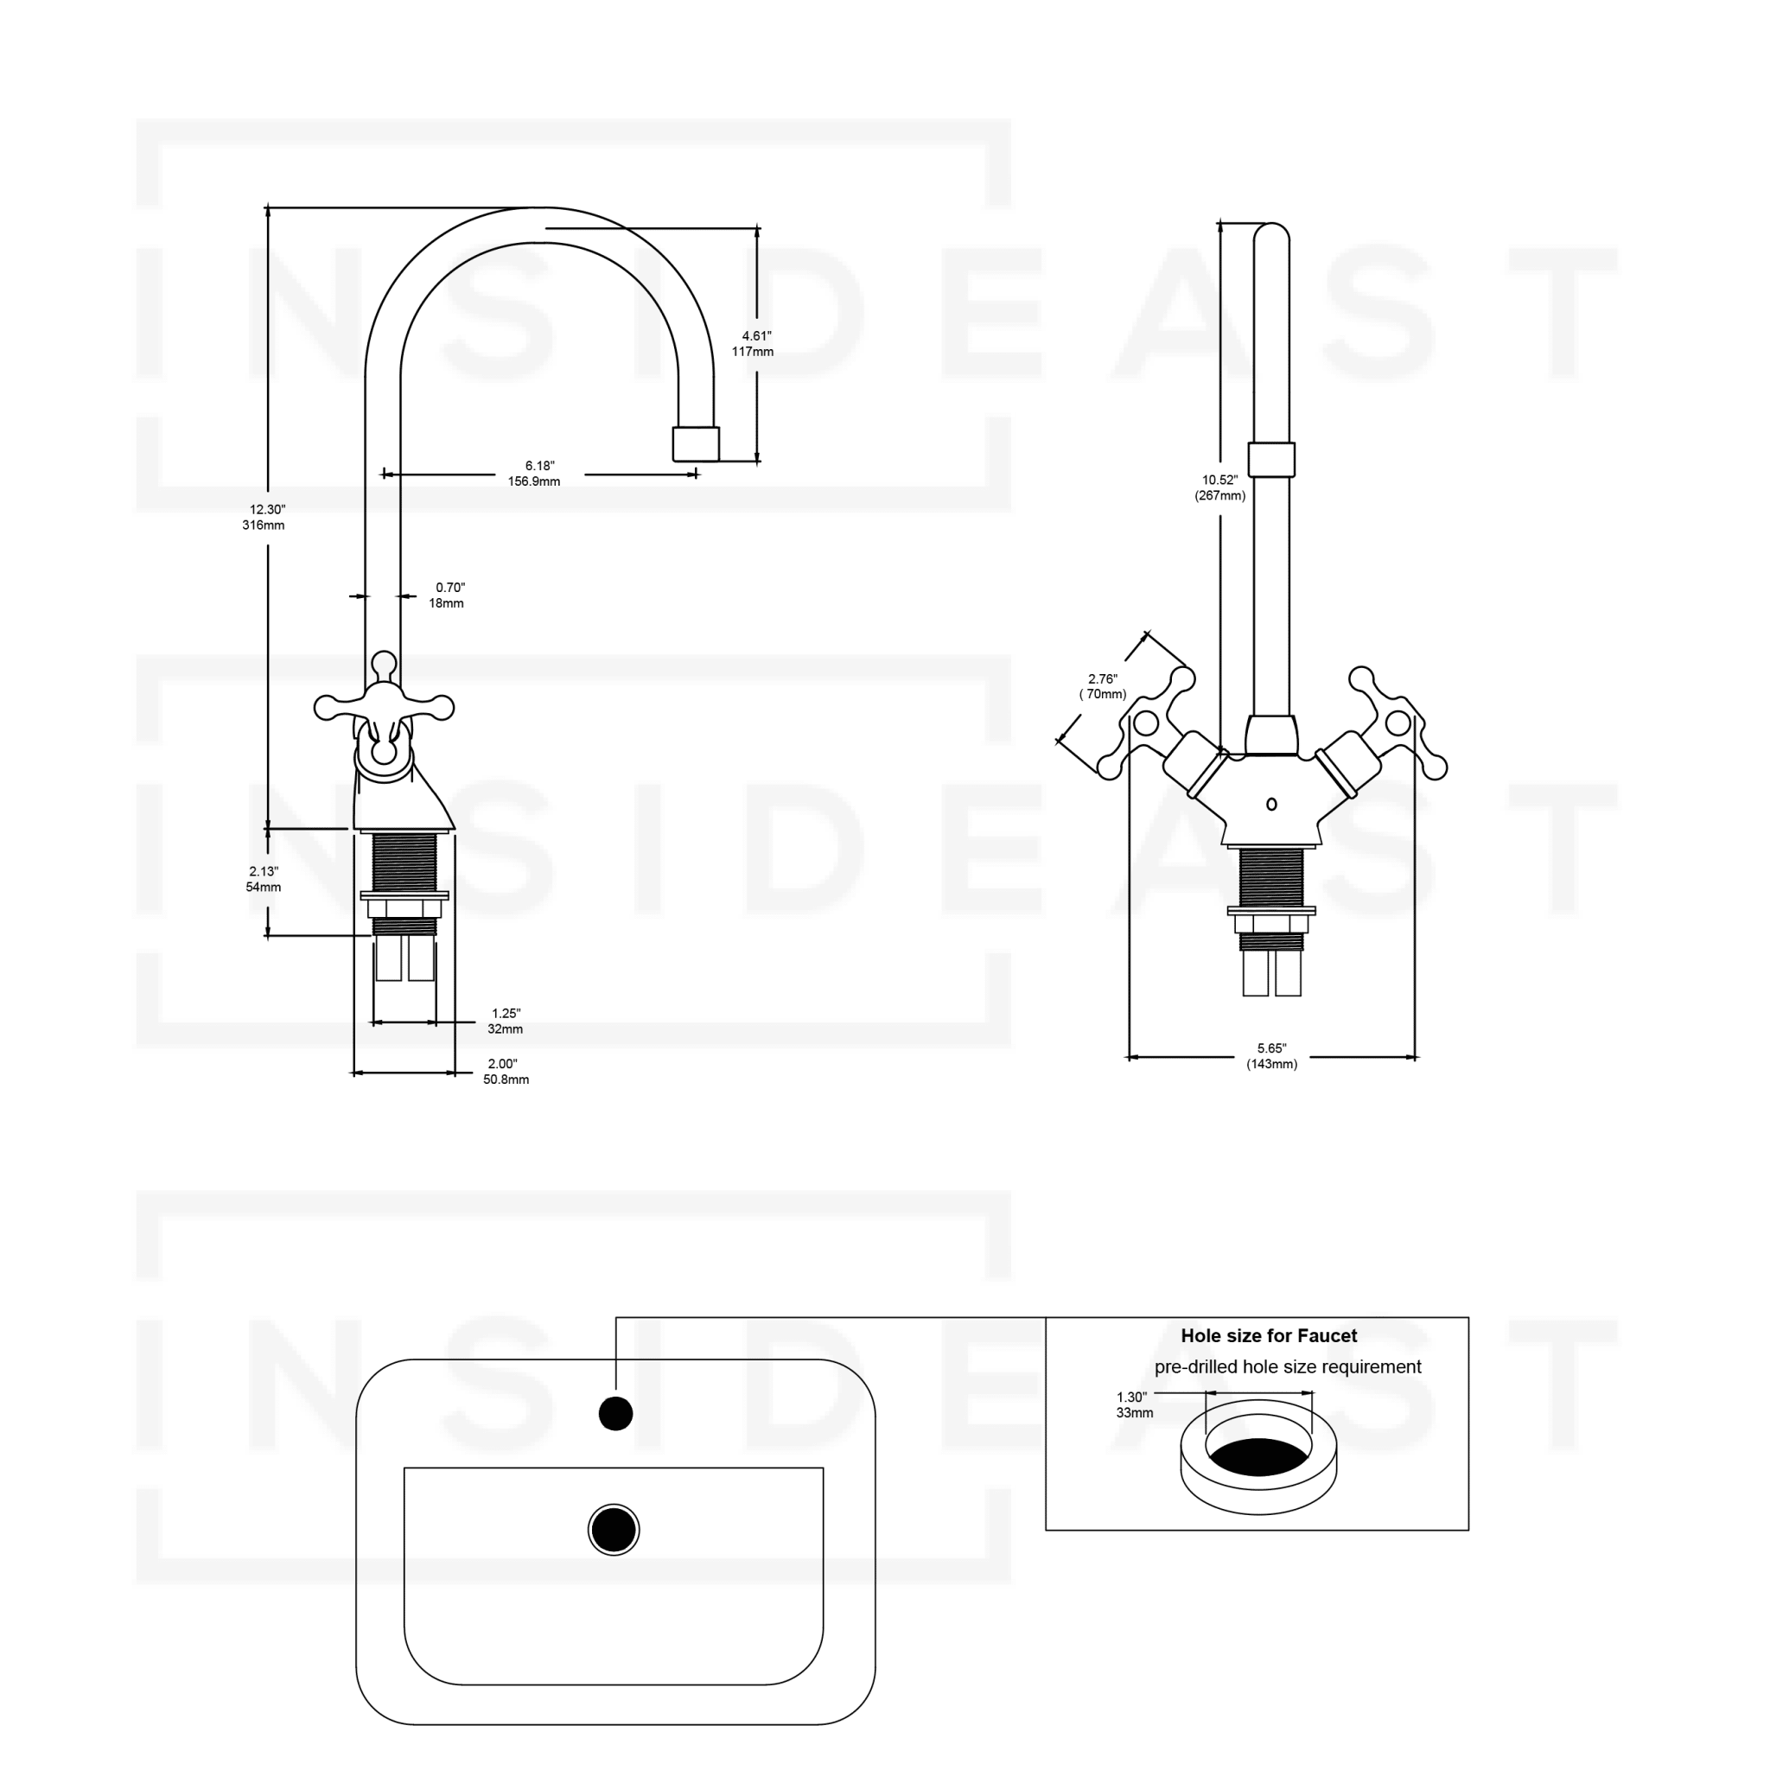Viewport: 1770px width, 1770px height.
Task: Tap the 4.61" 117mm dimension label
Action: pyautogui.click(x=754, y=344)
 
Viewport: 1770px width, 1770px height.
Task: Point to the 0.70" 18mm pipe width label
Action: pyautogui.click(x=448, y=595)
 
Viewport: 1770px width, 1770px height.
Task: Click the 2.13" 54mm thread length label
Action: pyautogui.click(x=264, y=880)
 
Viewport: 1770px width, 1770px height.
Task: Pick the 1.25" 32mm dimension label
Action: pyautogui.click(x=506, y=1022)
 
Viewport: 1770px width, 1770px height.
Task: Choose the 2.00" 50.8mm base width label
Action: pyautogui.click(x=505, y=1072)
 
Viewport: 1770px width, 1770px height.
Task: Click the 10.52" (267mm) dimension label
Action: pyautogui.click(x=1220, y=487)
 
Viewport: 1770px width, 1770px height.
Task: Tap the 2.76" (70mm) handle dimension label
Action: pyautogui.click(x=1103, y=686)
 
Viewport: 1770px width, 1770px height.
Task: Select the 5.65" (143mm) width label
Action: pyautogui.click(x=1271, y=1056)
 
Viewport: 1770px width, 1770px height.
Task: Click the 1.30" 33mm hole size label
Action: pyautogui.click(x=1133, y=1405)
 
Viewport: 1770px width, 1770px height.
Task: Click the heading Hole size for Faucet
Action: pyautogui.click(x=1269, y=1337)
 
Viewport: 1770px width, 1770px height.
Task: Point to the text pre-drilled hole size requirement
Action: pyautogui.click(x=1287, y=1368)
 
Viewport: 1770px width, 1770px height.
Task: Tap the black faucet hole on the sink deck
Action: pyautogui.click(x=615, y=1414)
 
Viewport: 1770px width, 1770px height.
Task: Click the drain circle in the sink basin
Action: pyautogui.click(x=614, y=1530)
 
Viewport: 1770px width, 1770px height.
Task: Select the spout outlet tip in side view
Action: pyautogui.click(x=697, y=444)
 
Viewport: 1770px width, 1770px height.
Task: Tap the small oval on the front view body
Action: pyautogui.click(x=1271, y=805)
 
